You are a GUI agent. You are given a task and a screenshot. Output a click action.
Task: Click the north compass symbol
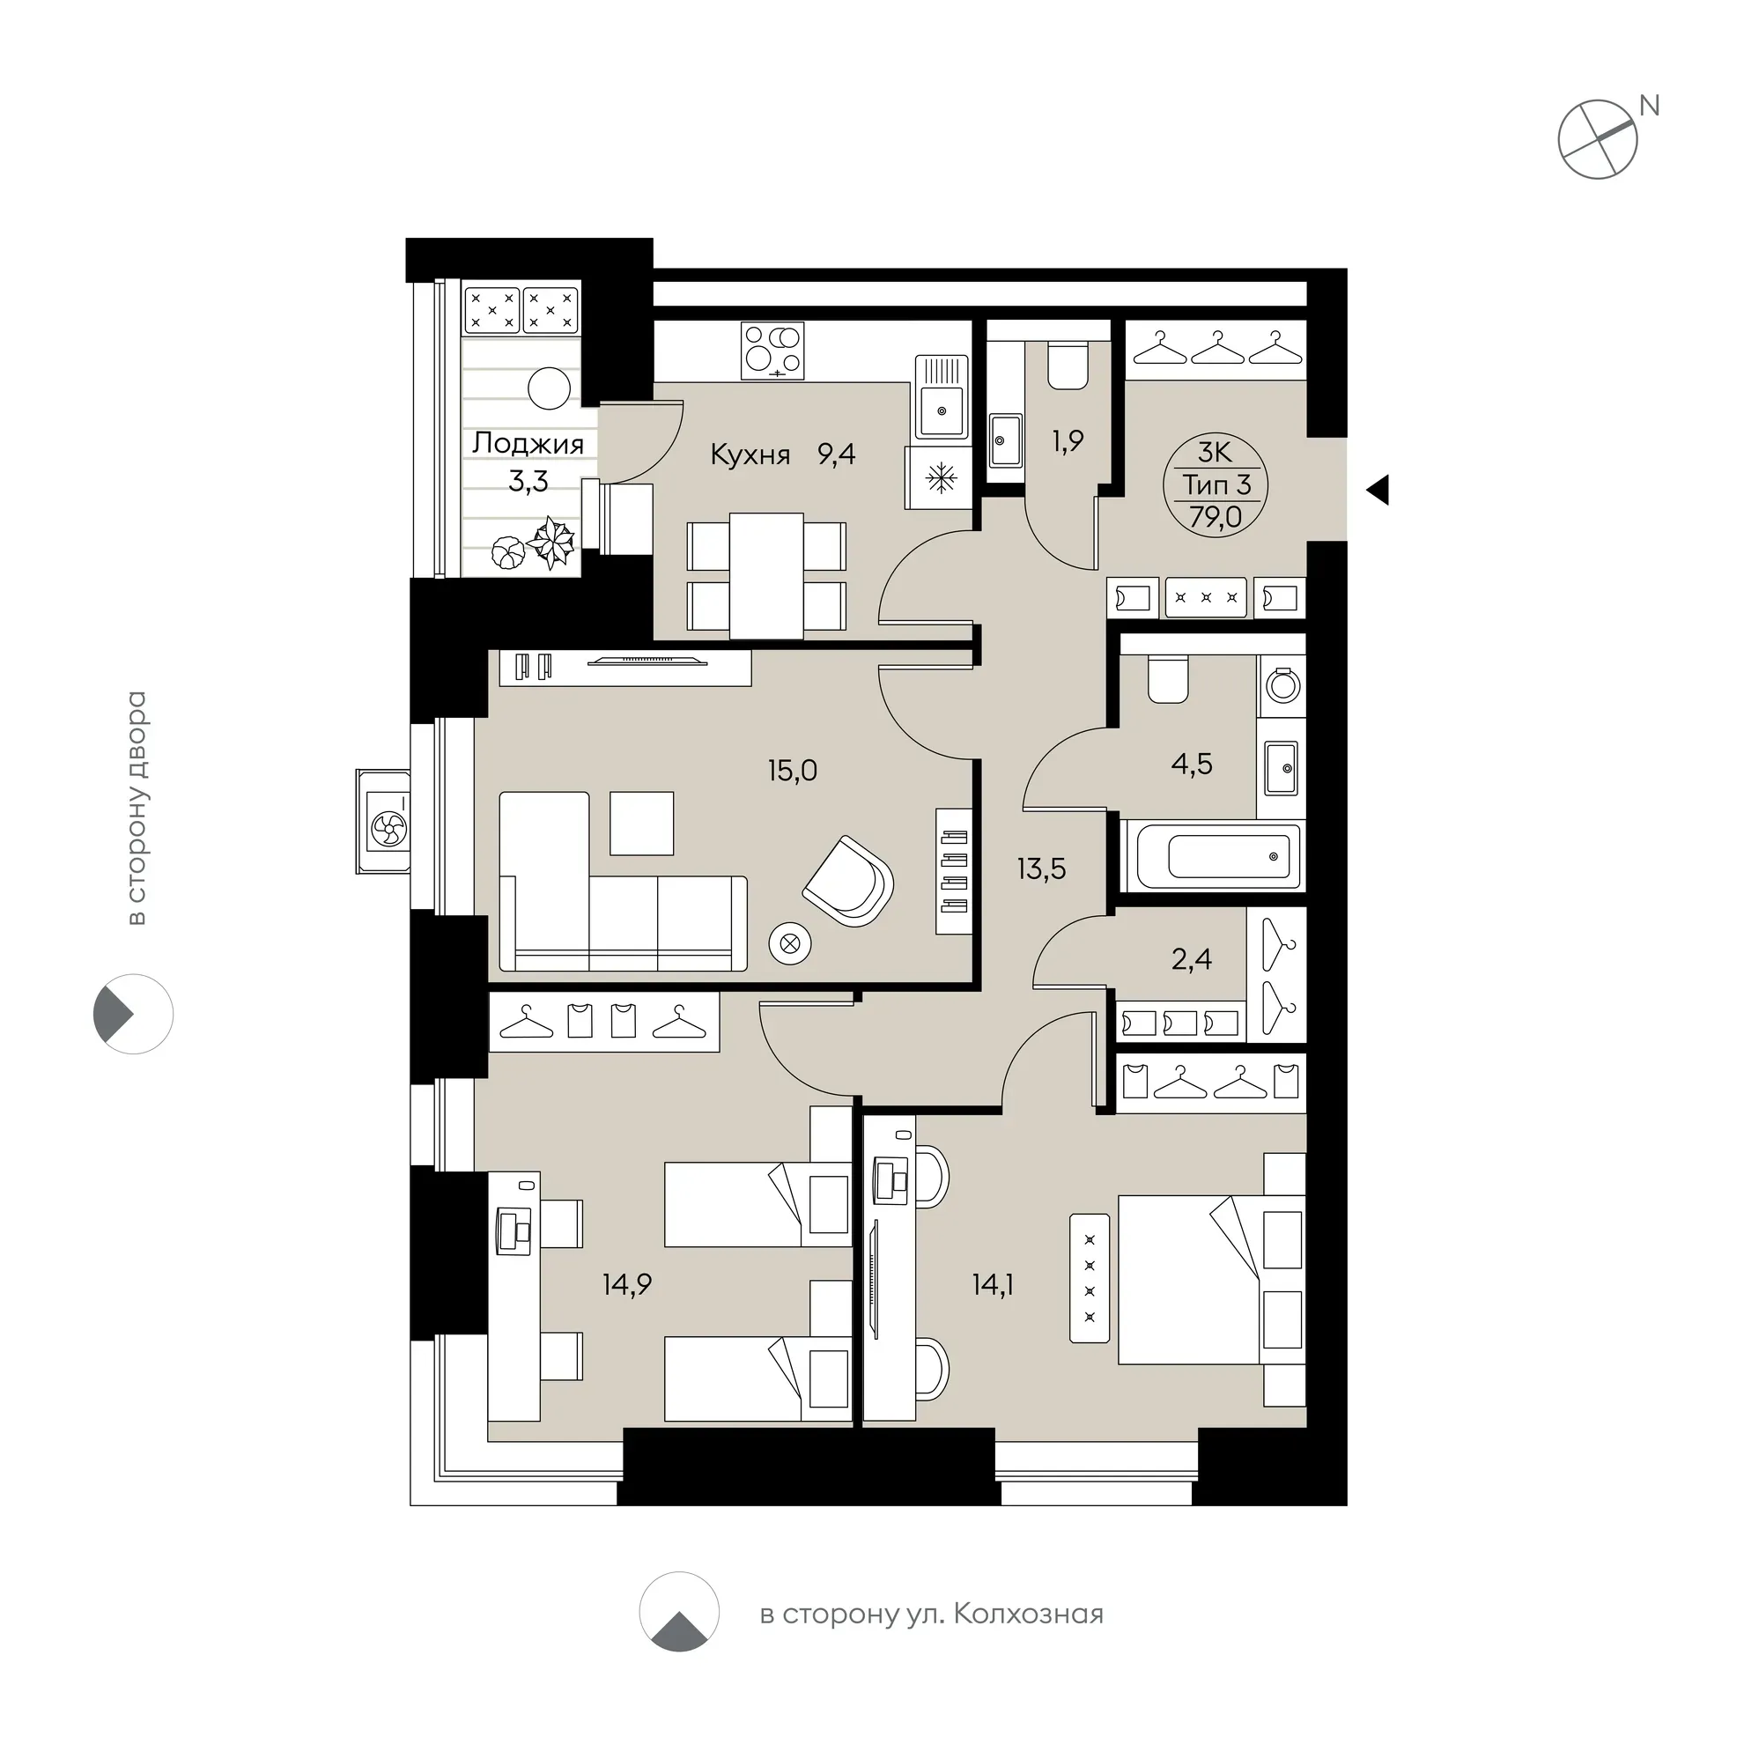tap(1598, 139)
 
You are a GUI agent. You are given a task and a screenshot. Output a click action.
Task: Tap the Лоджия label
tap(528, 443)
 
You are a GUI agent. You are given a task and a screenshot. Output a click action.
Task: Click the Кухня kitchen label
tap(750, 454)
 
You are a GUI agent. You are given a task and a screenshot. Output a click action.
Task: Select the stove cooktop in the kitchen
tap(772, 351)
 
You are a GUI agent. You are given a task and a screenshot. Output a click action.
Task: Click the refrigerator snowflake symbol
tap(942, 478)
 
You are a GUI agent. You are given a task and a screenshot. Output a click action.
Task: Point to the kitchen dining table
tap(766, 576)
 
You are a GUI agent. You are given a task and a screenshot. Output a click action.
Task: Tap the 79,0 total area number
tap(1215, 518)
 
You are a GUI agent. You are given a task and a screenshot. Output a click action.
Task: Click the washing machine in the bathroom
tap(1282, 685)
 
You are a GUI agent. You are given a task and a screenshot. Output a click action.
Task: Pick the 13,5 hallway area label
tap(1042, 869)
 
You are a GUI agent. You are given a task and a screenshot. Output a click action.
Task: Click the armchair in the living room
tap(848, 880)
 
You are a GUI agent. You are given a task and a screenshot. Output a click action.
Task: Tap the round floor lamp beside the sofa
tap(790, 944)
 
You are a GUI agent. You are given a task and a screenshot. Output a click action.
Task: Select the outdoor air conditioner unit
tap(384, 822)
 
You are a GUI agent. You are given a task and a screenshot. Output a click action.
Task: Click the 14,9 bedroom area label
tap(627, 1283)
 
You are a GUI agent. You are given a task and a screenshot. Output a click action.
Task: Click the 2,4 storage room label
tap(1192, 958)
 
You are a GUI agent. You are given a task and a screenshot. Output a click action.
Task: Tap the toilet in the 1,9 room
tap(1068, 366)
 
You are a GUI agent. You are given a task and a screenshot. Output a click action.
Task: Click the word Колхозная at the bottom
tap(1028, 1613)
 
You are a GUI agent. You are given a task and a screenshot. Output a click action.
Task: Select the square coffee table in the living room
tap(642, 824)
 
